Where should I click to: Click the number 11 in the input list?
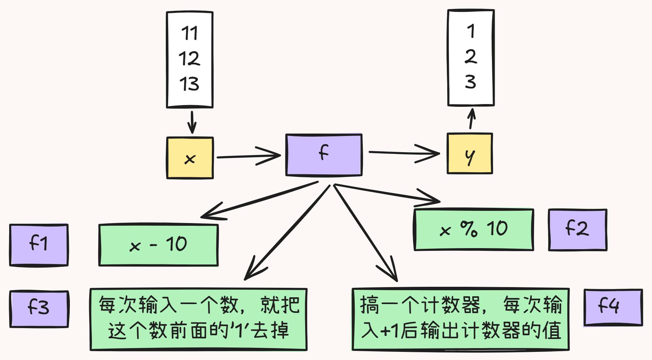[189, 33]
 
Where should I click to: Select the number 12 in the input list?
[189, 58]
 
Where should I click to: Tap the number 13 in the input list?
[189, 83]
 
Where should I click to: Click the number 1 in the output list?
[471, 31]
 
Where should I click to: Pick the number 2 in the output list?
[471, 56]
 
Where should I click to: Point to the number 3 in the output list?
[471, 82]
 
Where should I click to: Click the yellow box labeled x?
[190, 158]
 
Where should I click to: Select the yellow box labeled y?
[470, 154]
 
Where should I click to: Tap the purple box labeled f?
[324, 155]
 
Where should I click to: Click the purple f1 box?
[39, 245]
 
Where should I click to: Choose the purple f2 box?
[577, 230]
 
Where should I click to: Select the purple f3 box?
[39, 309]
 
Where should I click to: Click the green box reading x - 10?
[158, 245]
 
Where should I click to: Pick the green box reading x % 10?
[474, 230]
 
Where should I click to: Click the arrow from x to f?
[248, 156]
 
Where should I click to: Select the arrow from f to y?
[403, 153]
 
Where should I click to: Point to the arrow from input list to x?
[192, 122]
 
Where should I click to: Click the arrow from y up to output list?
[471, 119]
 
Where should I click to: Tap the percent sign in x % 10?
[469, 229]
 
